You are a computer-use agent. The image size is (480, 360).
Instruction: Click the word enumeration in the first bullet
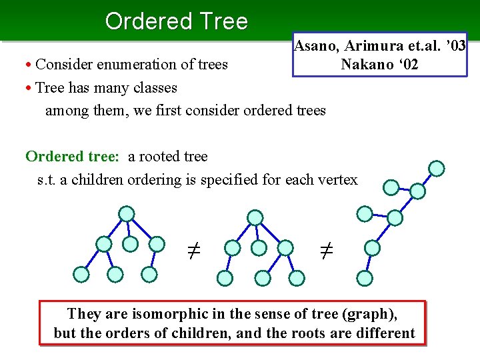tap(131, 65)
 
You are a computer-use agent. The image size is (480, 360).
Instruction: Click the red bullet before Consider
tap(29, 65)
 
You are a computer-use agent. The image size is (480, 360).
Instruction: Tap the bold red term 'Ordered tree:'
tap(72, 157)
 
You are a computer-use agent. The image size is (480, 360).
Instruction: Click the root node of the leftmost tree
tap(127, 213)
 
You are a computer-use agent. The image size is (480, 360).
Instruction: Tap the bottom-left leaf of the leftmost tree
tap(81, 274)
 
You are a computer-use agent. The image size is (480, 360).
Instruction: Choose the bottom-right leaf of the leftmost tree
tap(150, 274)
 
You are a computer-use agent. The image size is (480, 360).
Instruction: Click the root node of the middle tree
tap(255, 217)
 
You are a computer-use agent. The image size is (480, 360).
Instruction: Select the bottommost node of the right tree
tap(364, 278)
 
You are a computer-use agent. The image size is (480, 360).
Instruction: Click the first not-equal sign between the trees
tap(193, 251)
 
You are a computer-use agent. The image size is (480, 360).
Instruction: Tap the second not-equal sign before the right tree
tap(326, 251)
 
